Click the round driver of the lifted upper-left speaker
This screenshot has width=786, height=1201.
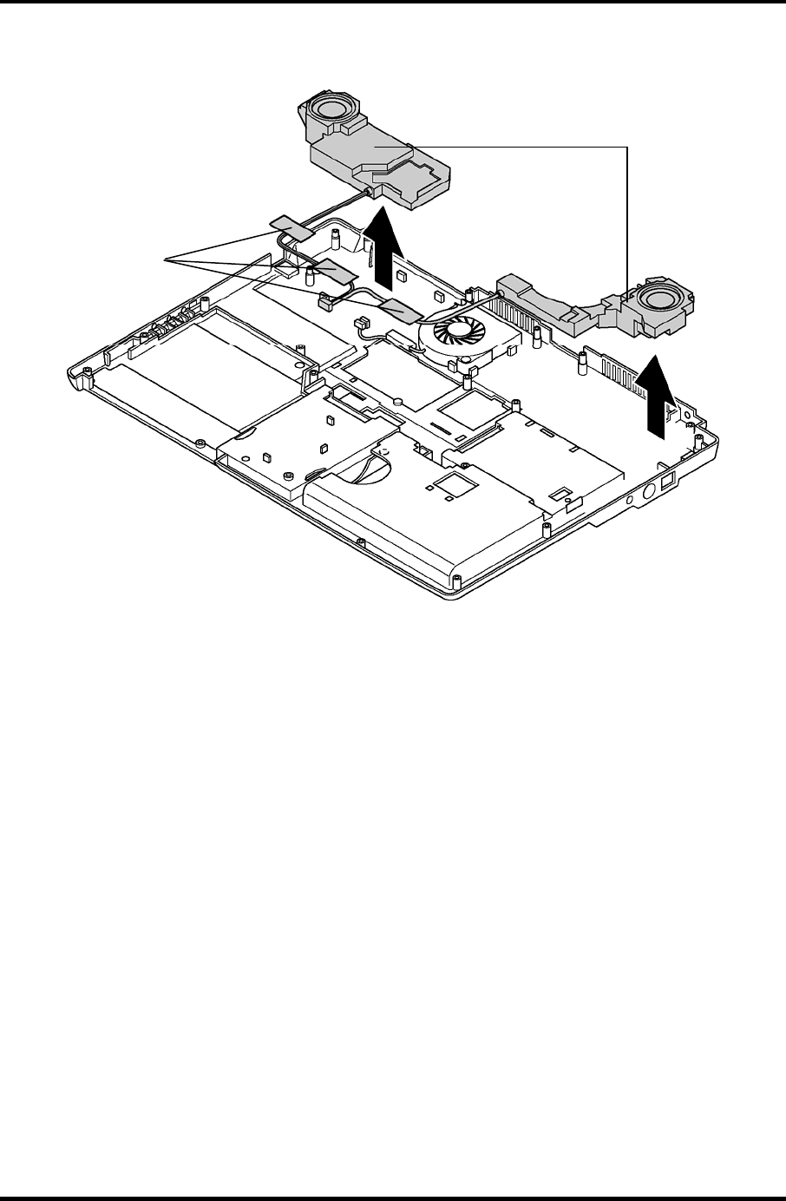coord(331,110)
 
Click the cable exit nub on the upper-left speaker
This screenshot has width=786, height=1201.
coord(369,190)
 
